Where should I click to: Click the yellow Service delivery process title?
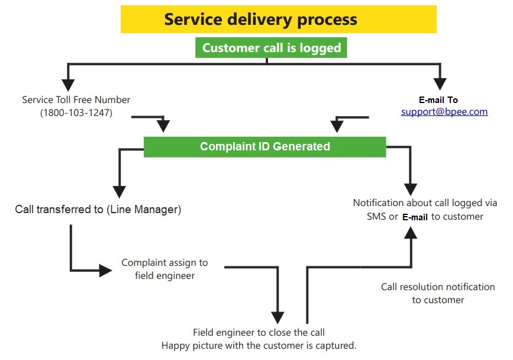(279, 19)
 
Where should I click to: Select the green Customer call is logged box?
(271, 48)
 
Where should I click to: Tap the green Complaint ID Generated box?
(264, 147)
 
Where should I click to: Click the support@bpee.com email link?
(444, 111)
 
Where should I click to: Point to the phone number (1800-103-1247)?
(76, 112)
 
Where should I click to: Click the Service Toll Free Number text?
(76, 99)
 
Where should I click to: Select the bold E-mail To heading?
(438, 100)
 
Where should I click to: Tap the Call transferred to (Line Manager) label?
(98, 210)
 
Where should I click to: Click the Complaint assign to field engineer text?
(164, 269)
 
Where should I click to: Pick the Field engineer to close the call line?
(259, 333)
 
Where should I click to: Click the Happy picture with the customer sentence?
(259, 346)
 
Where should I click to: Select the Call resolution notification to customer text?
(438, 293)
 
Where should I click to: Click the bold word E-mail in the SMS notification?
(415, 217)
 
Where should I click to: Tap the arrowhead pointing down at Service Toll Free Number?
(68, 85)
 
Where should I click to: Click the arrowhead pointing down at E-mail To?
(440, 83)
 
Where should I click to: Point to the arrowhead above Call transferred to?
(119, 192)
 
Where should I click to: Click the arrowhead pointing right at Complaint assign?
(106, 271)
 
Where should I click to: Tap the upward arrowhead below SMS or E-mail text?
(411, 233)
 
